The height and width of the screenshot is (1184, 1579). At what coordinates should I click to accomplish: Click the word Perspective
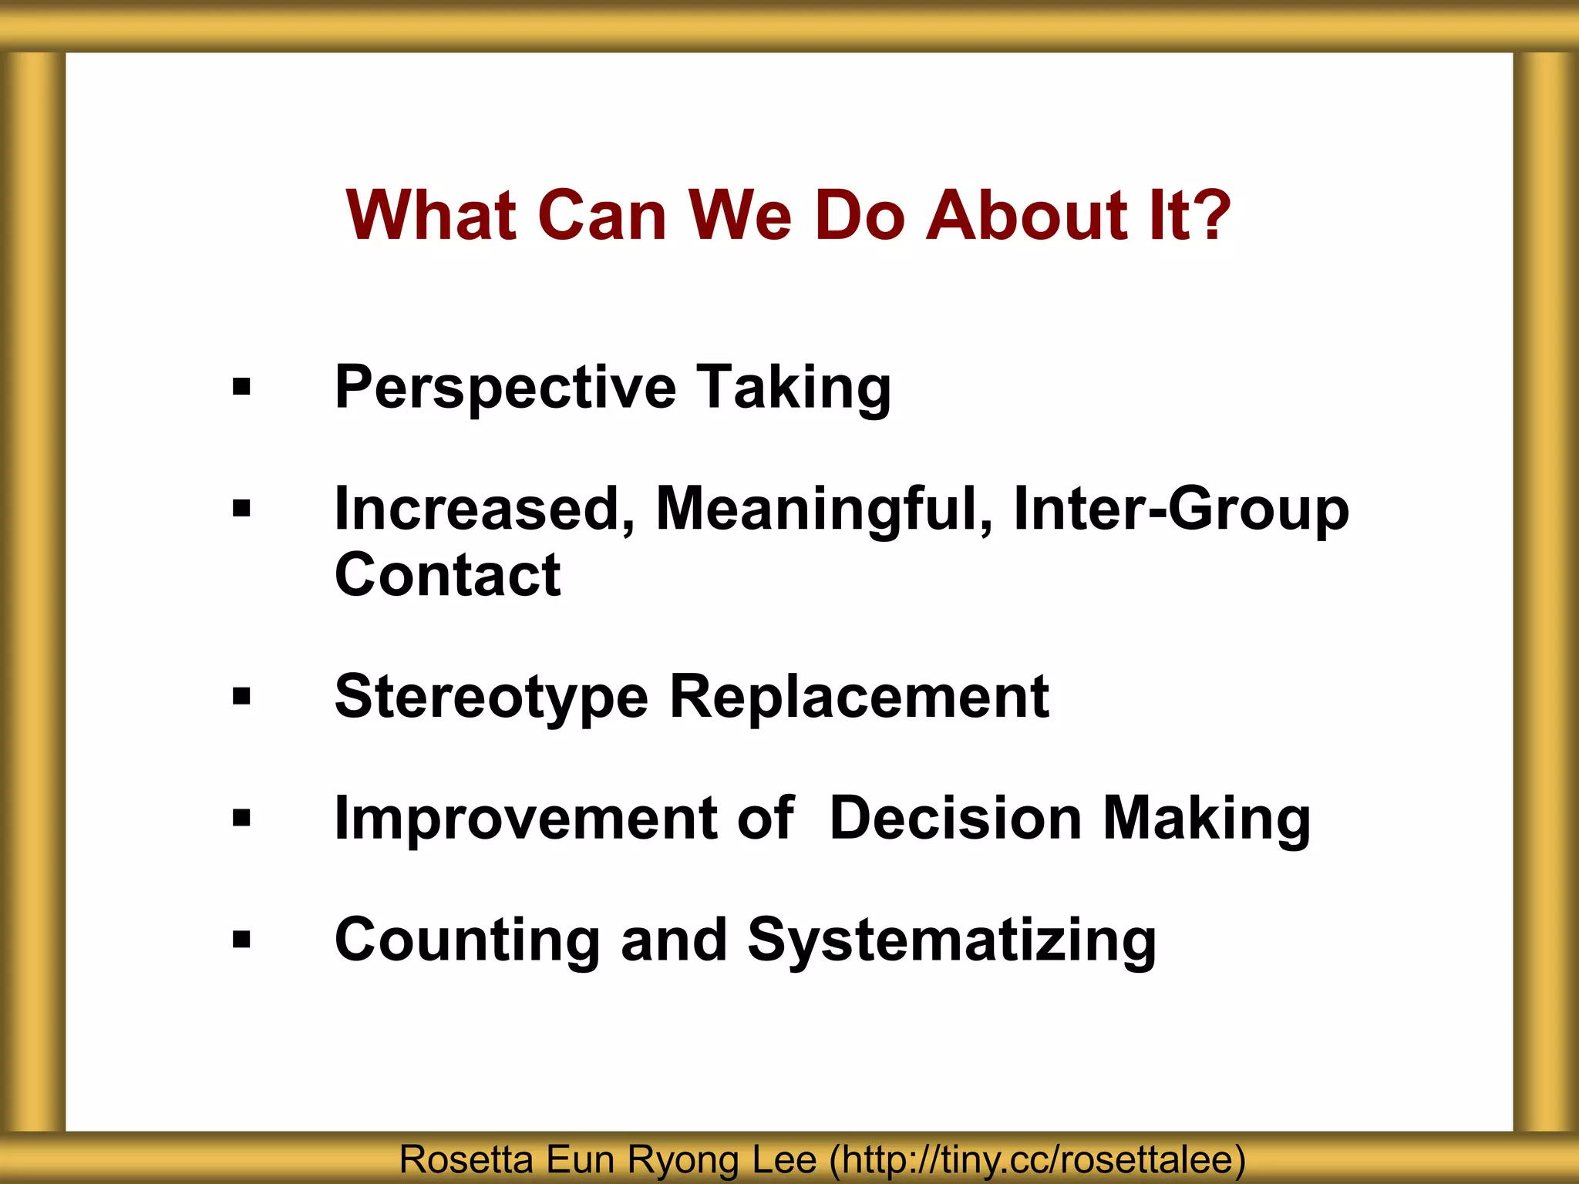(506, 388)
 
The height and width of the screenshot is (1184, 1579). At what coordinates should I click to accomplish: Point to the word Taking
(793, 388)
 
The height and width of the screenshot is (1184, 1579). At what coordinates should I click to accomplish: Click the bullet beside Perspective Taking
(241, 387)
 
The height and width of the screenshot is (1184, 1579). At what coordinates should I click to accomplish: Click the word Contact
(447, 575)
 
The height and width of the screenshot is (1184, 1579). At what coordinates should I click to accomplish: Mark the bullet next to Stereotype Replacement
(241, 697)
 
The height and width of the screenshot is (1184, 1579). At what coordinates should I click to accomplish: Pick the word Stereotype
(491, 697)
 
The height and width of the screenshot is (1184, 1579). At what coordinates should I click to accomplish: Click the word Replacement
(859, 697)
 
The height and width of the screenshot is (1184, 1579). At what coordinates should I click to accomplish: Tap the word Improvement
(525, 818)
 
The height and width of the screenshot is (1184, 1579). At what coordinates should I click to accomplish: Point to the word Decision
(955, 818)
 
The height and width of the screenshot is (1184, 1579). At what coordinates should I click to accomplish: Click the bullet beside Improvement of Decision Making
(241, 818)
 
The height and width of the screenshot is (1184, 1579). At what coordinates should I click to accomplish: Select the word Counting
(467, 940)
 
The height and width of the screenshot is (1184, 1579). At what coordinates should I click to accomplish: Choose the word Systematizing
(951, 941)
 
